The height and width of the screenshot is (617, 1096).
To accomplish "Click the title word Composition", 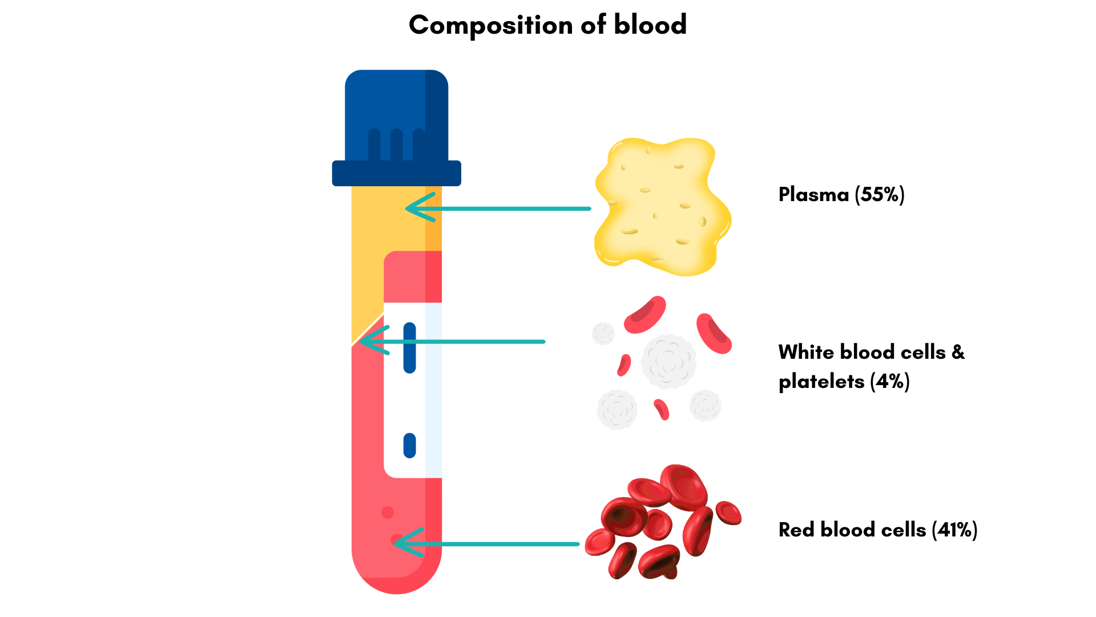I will pyautogui.click(x=490, y=26).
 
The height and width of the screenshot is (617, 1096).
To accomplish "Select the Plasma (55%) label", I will pyautogui.click(x=841, y=195).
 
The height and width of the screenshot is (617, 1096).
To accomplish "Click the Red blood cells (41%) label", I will pyautogui.click(x=877, y=530).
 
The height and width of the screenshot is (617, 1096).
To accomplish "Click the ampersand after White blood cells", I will pyautogui.click(x=958, y=352).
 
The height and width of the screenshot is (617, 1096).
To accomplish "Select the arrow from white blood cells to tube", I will pyautogui.click(x=457, y=342).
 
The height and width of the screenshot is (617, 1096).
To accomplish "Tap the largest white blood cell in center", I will pyautogui.click(x=668, y=361).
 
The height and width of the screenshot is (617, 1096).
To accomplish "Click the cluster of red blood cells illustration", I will pyautogui.click(x=662, y=523).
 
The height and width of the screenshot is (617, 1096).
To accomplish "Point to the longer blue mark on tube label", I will pyautogui.click(x=409, y=348).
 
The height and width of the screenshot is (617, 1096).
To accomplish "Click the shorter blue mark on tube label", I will pyautogui.click(x=409, y=446).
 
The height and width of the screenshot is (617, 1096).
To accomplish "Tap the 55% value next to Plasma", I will pyautogui.click(x=880, y=195).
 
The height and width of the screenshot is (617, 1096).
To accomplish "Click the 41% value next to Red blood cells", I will pyautogui.click(x=954, y=530).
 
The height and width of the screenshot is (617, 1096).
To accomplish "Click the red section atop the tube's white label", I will pyautogui.click(x=412, y=277).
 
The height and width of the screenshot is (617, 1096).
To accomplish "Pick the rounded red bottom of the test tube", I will pyautogui.click(x=396, y=571).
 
